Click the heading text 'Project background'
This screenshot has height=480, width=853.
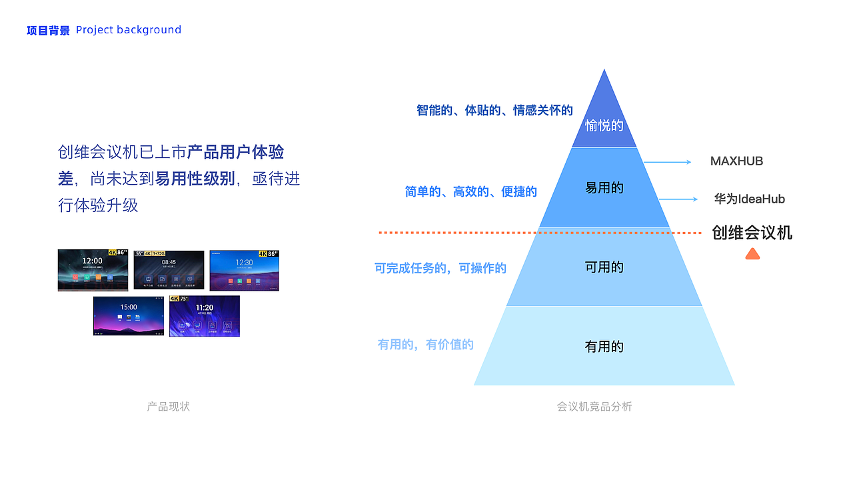129,30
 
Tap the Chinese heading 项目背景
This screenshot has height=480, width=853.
48,30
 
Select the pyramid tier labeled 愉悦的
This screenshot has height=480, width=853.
604,125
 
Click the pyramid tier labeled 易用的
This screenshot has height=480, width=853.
604,188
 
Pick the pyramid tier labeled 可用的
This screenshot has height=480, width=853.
604,267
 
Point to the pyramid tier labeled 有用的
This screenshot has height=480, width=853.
604,347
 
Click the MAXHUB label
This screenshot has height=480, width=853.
736,161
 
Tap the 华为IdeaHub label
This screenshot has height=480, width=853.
749,199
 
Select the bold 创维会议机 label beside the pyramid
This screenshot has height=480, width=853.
752,233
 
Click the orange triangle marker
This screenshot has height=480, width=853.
752,254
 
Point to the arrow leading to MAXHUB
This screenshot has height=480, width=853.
668,162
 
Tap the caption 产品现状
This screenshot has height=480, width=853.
169,406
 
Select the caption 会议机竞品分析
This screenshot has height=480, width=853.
594,406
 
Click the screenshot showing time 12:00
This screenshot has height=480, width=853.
93,270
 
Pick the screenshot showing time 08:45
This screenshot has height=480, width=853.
169,270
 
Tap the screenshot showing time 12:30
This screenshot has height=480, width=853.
244,270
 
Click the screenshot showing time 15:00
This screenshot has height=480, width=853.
129,315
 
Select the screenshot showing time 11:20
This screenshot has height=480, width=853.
204,316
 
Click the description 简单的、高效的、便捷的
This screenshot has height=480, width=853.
470,192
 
